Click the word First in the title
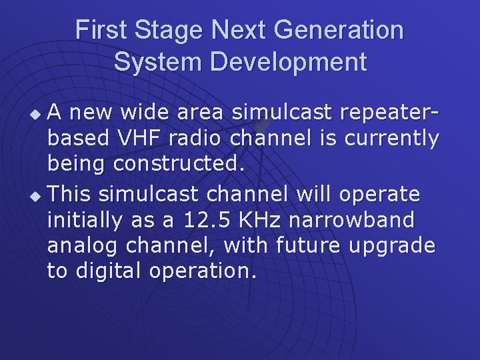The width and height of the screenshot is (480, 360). click(100, 30)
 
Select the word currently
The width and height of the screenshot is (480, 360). click(392, 139)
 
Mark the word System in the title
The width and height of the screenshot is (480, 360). click(158, 62)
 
